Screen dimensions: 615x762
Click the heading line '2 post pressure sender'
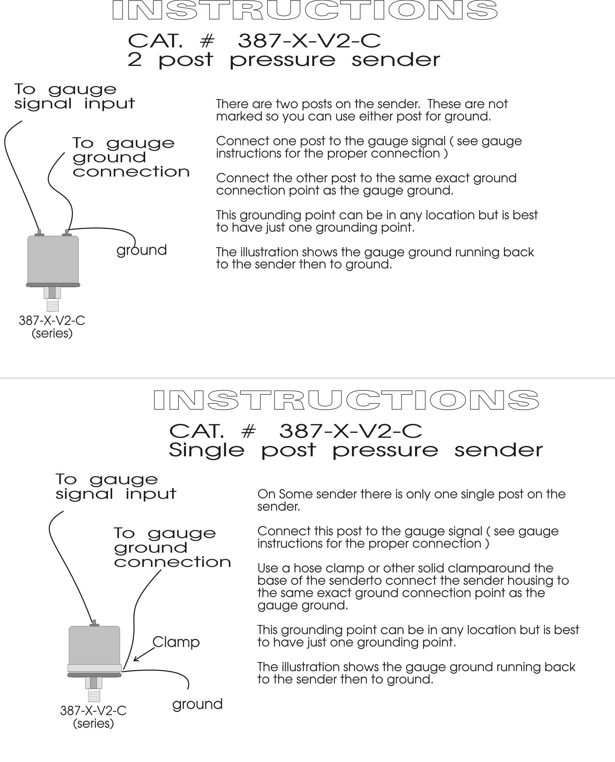[284, 60]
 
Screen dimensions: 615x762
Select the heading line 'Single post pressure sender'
[356, 450]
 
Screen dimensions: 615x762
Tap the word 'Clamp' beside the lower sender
[176, 642]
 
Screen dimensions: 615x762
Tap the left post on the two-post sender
[39, 233]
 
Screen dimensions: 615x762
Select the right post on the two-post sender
[67, 233]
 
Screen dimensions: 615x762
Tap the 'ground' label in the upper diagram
[142, 250]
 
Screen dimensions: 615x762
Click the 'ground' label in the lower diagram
[197, 704]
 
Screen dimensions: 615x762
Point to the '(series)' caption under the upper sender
[52, 333]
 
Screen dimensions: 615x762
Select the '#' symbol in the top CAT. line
[207, 41]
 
